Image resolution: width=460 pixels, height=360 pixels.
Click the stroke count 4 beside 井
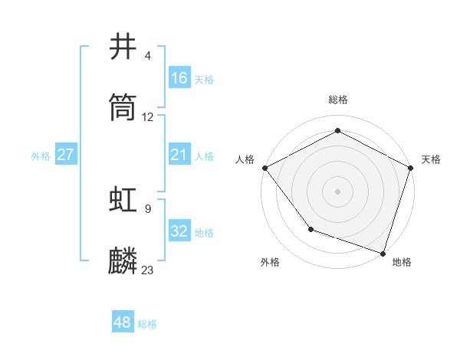[x=148, y=56]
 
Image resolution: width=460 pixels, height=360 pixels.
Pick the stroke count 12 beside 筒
[x=148, y=117]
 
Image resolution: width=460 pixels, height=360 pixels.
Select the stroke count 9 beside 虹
[x=148, y=208]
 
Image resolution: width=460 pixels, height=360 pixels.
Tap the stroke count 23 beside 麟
[x=148, y=270]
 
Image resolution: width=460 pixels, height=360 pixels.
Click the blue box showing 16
[x=179, y=78]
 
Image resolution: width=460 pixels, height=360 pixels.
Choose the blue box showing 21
[x=179, y=155]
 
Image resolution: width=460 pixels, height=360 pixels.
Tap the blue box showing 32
[x=179, y=231]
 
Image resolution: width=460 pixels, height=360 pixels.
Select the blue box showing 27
[x=65, y=155]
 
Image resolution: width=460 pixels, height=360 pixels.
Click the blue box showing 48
[x=123, y=323]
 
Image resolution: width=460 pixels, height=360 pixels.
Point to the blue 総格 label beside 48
[x=147, y=324]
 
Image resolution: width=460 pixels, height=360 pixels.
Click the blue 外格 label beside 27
[x=41, y=156]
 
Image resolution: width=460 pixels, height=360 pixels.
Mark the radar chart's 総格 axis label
[x=337, y=100]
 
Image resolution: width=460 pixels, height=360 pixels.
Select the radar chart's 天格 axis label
[x=431, y=159]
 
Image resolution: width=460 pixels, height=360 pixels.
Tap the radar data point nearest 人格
[x=264, y=168]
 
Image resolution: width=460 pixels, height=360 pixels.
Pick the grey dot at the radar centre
[x=337, y=191]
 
